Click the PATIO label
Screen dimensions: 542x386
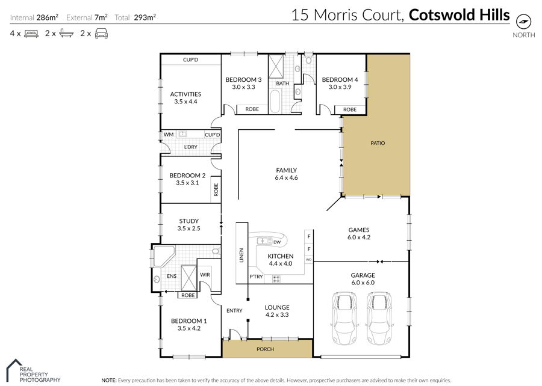(378, 143)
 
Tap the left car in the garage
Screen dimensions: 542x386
(344, 318)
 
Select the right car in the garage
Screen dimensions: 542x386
(379, 318)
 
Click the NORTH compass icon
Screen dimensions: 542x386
(523, 22)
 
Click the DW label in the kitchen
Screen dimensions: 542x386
(277, 242)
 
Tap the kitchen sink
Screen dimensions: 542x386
(265, 241)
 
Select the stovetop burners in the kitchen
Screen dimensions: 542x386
(276, 279)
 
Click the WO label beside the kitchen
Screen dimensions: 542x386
(309, 259)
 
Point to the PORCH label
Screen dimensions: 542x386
(265, 349)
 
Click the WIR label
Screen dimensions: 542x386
(205, 275)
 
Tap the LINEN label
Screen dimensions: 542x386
(241, 256)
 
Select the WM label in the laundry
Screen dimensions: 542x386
(169, 135)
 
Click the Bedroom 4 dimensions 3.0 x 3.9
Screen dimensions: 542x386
(340, 87)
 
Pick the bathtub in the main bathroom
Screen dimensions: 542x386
(275, 101)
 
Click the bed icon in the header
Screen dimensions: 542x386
(31, 34)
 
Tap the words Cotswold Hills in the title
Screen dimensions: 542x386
(459, 15)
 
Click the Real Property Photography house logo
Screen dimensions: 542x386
(14, 370)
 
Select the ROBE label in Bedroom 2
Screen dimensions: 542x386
(216, 190)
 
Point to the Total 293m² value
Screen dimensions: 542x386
(145, 17)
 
